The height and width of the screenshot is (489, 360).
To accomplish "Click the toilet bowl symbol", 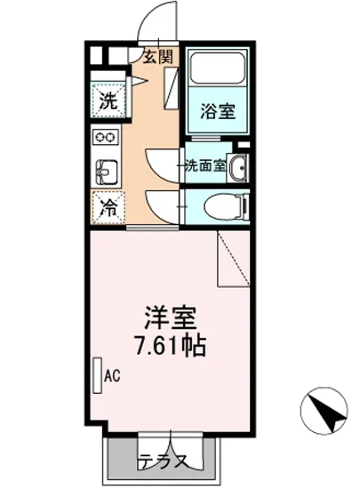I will pyautogui.click(x=220, y=206).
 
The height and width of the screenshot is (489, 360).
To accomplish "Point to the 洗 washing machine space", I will pyautogui.click(x=107, y=100).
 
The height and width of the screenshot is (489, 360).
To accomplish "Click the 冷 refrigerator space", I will pyautogui.click(x=107, y=210).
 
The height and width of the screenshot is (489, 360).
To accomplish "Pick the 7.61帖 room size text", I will pyautogui.click(x=170, y=345).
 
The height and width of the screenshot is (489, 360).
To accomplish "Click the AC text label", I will pyautogui.click(x=112, y=376).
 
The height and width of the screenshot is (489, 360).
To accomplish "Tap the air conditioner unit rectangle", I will pyautogui.click(x=96, y=376).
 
